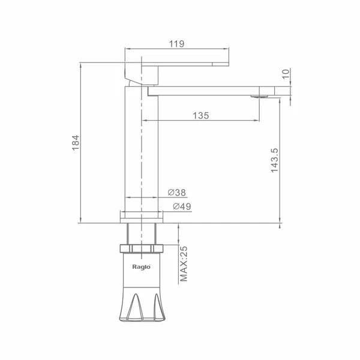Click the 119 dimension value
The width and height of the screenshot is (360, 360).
click(x=176, y=44)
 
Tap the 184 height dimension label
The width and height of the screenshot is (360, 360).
click(x=76, y=143)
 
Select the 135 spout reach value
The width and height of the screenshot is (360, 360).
click(x=201, y=115)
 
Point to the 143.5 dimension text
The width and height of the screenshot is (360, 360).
click(x=274, y=160)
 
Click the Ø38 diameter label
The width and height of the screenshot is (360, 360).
click(x=176, y=193)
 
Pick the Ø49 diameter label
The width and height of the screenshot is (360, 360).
click(x=182, y=206)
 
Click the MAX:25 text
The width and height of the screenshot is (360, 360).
click(x=184, y=264)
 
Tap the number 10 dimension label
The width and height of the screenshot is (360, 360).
click(x=286, y=74)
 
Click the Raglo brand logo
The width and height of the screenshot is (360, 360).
click(x=142, y=267)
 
